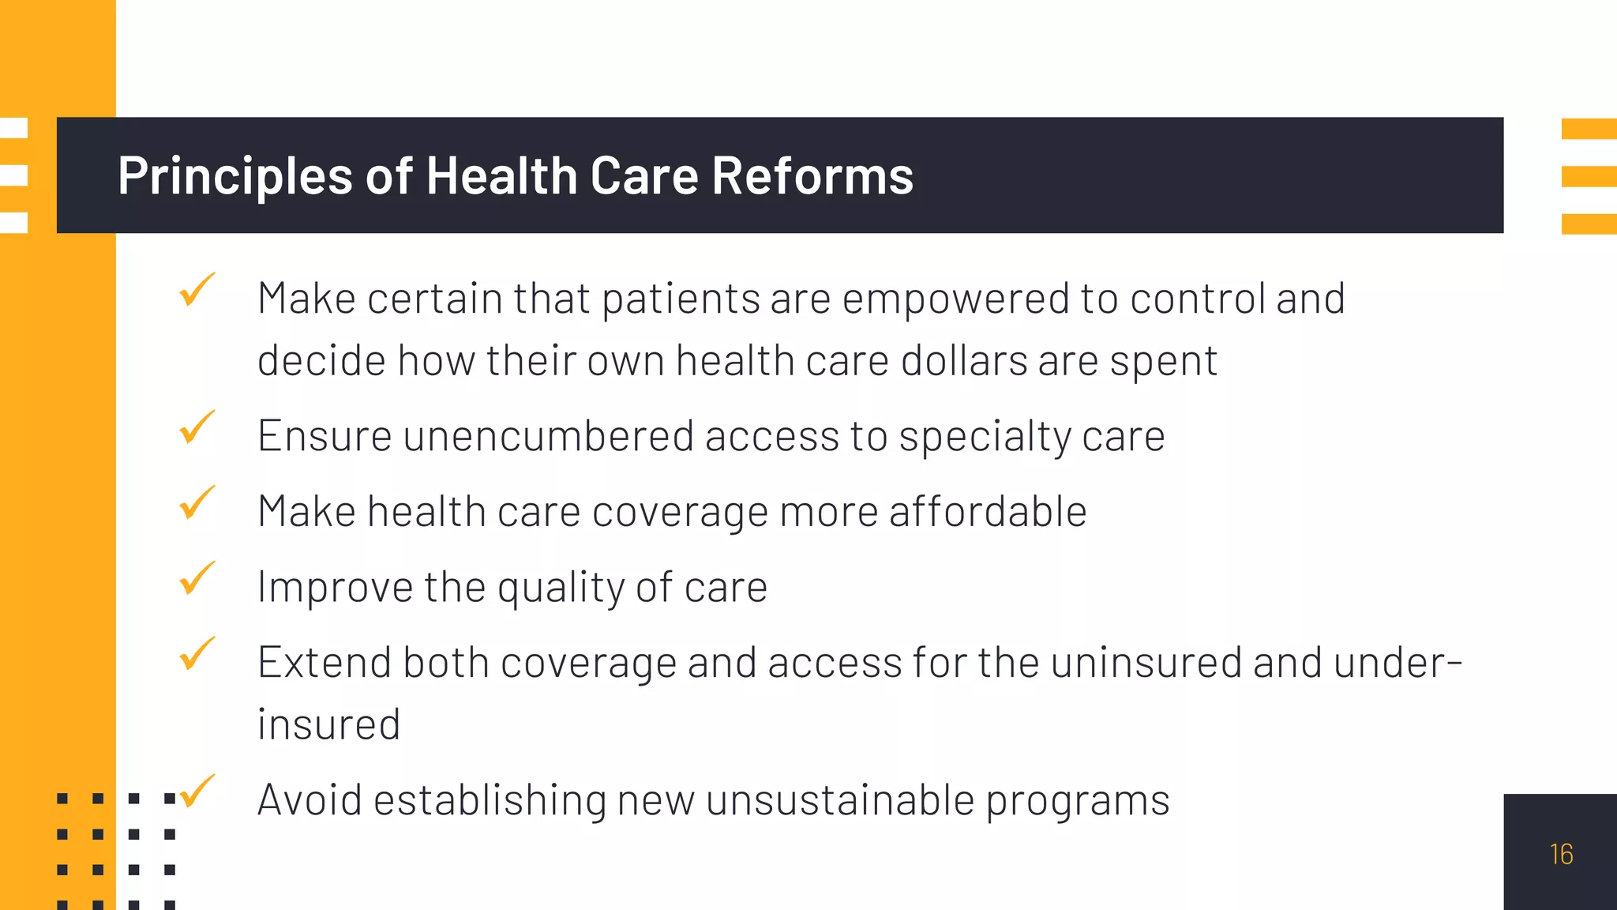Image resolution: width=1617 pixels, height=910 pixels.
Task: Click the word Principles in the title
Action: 234,175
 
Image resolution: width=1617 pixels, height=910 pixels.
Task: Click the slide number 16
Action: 1561,854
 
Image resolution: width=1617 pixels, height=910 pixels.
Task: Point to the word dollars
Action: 964,361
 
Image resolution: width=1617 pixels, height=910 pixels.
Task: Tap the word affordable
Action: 988,511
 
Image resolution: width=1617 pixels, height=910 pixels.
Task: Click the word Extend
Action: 325,662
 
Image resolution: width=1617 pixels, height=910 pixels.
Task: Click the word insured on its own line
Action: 329,724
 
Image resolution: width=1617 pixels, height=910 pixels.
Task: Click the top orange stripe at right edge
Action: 1589,129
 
